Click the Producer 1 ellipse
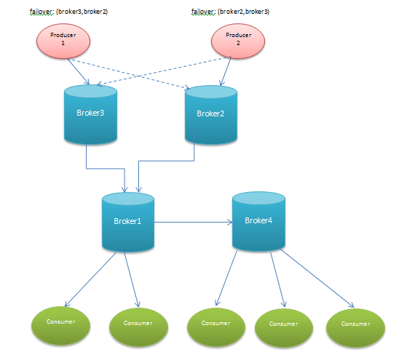(x=63, y=41)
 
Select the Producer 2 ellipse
(x=238, y=41)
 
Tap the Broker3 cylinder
(x=90, y=114)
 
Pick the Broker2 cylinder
(x=211, y=115)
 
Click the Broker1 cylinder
(x=128, y=222)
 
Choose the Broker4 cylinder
(x=258, y=221)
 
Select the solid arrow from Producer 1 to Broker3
(x=79, y=71)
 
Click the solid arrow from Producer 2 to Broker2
(x=226, y=71)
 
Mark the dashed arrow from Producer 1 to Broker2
(x=129, y=74)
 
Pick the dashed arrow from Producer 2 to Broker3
(x=164, y=71)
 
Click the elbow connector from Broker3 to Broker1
(x=106, y=169)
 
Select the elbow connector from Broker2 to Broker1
(x=166, y=161)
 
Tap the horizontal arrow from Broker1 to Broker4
(x=193, y=222)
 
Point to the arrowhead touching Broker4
(x=230, y=222)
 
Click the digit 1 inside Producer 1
(x=63, y=43)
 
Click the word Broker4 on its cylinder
(x=258, y=220)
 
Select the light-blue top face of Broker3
(x=90, y=91)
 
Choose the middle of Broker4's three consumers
(x=284, y=328)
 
